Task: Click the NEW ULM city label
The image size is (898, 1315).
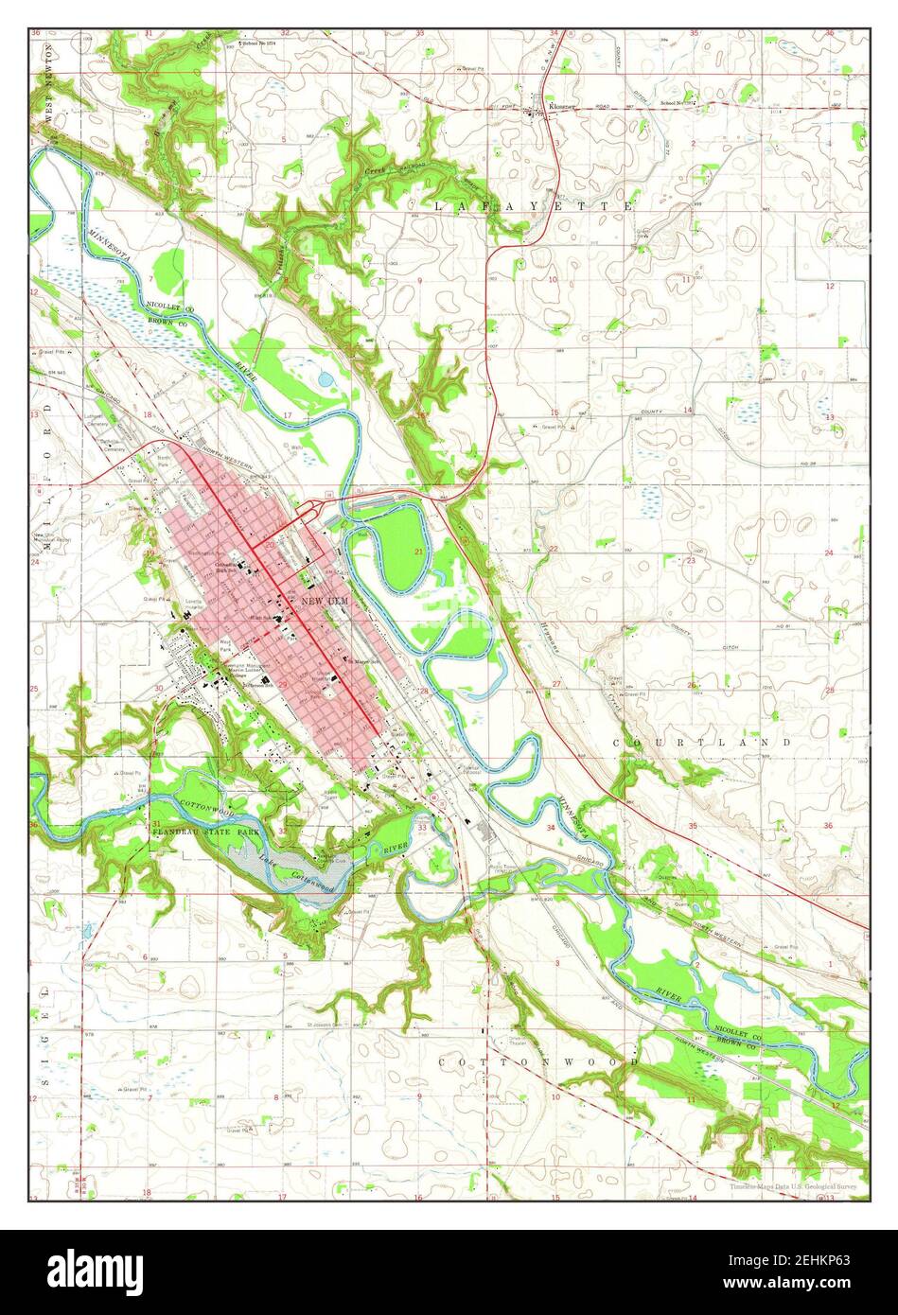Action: pos(325,601)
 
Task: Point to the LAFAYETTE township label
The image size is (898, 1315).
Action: pos(533,204)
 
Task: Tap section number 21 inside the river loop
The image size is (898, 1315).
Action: pos(418,550)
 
